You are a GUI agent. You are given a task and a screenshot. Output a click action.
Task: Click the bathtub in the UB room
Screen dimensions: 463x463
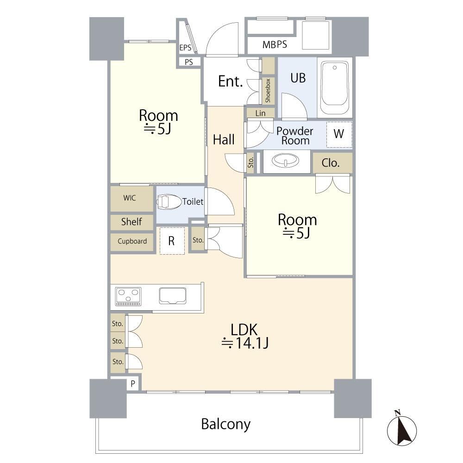click(335, 88)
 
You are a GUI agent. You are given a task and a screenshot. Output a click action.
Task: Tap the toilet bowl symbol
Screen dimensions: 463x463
click(169, 202)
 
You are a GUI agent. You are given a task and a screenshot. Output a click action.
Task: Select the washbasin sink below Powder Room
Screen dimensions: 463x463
click(285, 161)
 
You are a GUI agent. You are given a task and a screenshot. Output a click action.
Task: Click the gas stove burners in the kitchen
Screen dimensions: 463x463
click(128, 296)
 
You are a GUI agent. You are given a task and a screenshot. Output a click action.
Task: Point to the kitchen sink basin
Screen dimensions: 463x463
click(173, 296)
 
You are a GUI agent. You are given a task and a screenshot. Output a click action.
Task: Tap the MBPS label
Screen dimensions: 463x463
click(275, 44)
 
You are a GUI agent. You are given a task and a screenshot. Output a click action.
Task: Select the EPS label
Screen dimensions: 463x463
click(185, 48)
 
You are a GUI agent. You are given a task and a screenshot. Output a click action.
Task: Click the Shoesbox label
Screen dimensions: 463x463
click(268, 90)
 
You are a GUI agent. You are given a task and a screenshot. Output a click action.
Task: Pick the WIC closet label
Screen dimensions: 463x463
click(130, 198)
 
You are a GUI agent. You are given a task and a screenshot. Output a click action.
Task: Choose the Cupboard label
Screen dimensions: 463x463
click(132, 241)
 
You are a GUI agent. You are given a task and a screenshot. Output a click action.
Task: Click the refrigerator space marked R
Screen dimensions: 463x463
click(172, 241)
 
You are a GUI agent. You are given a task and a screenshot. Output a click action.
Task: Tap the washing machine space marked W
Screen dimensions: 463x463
click(339, 134)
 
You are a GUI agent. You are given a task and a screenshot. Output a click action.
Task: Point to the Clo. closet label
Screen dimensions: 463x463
click(331, 163)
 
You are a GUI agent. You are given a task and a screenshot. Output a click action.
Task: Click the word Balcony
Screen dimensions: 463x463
click(226, 424)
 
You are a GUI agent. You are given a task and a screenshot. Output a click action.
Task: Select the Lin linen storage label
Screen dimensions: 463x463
click(260, 113)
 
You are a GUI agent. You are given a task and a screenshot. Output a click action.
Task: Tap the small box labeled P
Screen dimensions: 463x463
click(133, 384)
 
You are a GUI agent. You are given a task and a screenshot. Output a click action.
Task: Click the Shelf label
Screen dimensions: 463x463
click(131, 221)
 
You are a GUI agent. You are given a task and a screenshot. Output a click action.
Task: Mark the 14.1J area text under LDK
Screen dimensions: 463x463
click(245, 343)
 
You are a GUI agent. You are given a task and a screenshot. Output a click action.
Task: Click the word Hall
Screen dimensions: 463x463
click(224, 139)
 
